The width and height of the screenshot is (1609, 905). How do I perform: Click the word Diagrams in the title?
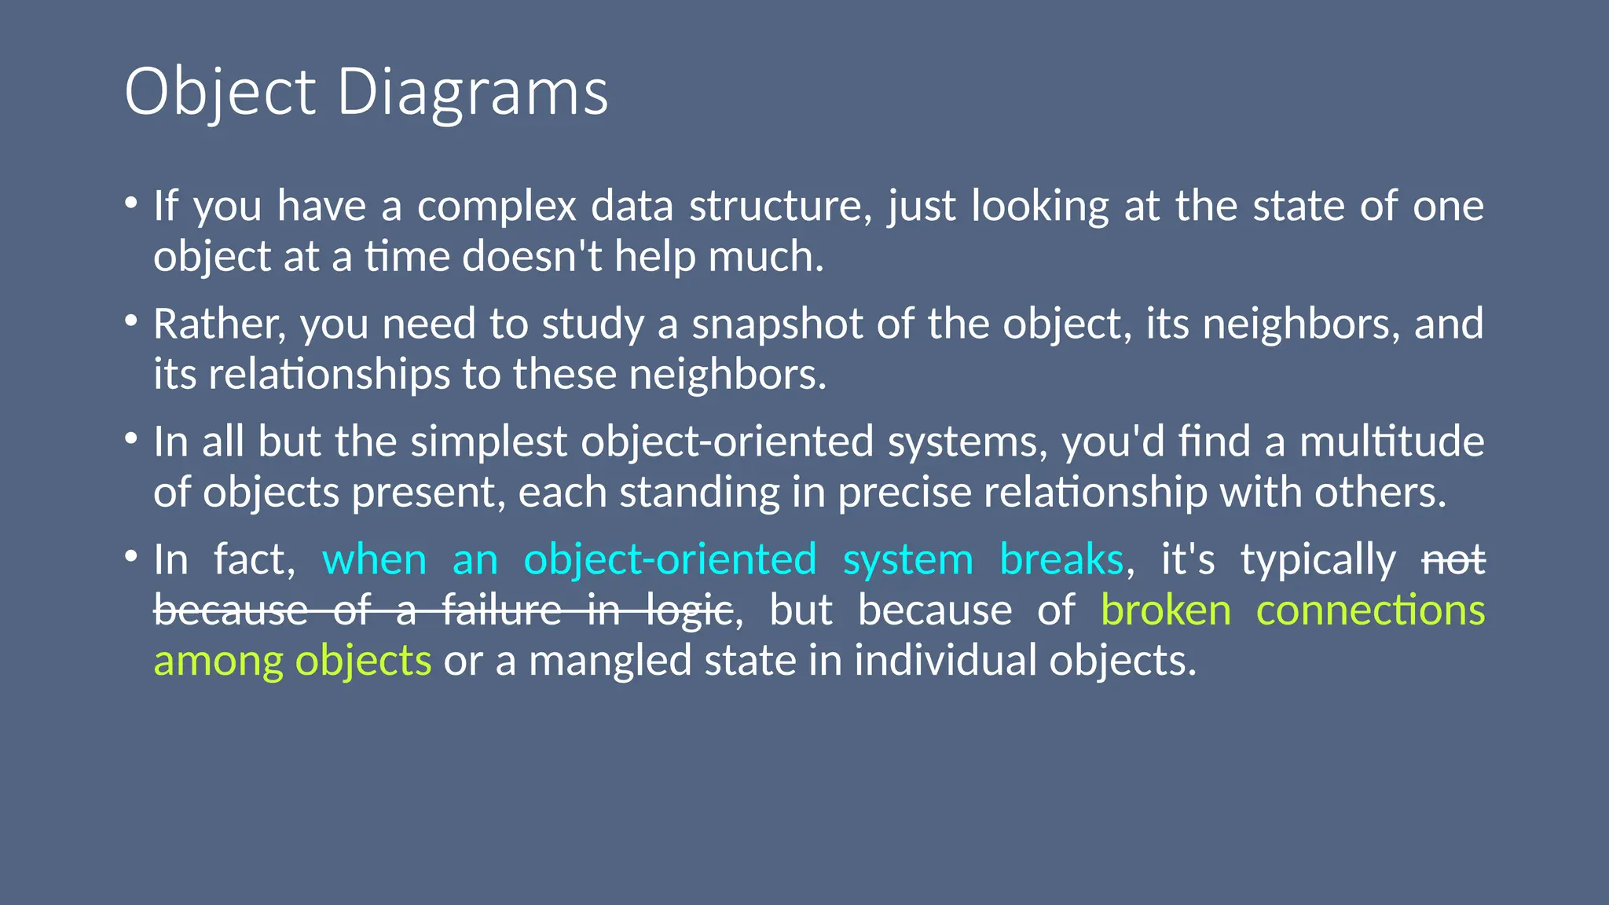(x=472, y=93)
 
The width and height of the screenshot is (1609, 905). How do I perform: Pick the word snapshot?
(x=777, y=324)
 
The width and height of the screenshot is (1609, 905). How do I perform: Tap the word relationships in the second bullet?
(x=329, y=375)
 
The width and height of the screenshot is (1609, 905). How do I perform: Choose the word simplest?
(x=488, y=442)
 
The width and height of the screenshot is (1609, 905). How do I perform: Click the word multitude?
(x=1391, y=442)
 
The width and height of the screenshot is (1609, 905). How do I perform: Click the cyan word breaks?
(x=1061, y=560)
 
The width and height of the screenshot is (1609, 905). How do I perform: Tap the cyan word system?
(x=907, y=560)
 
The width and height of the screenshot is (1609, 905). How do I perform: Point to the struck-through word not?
(x=1453, y=560)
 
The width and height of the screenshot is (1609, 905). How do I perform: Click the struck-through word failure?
(x=502, y=610)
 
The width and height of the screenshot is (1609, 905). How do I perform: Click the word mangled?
(x=610, y=661)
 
